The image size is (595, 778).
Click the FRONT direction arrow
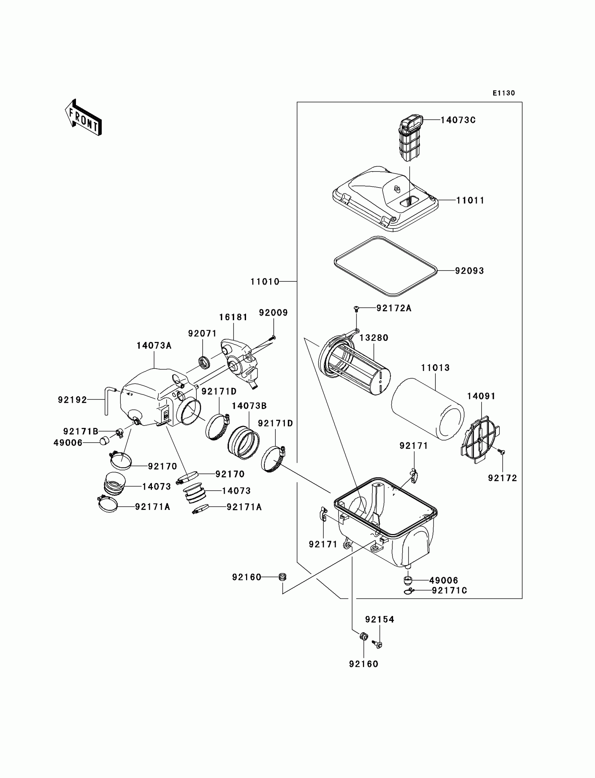(84, 118)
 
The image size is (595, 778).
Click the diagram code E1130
(504, 93)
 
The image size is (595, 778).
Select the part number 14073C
(458, 120)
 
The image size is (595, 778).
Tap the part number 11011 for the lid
(470, 201)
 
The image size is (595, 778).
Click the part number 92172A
(394, 308)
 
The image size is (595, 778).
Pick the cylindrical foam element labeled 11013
(427, 409)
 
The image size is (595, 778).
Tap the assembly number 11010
(265, 282)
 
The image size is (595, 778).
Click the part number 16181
(233, 317)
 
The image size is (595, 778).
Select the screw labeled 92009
(273, 337)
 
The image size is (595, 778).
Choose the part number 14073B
(249, 406)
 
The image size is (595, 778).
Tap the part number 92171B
(81, 431)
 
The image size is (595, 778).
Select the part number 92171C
(449, 591)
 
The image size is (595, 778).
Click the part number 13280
(374, 338)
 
